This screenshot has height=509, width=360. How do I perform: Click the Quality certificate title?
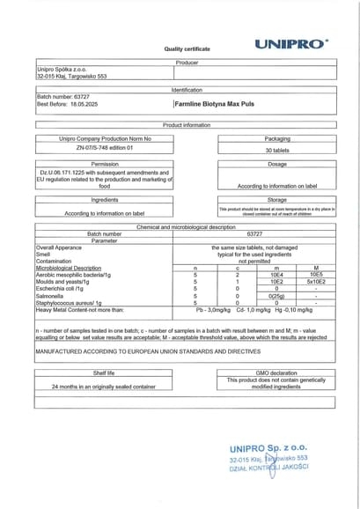(187, 49)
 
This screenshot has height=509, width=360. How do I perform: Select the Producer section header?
(187, 63)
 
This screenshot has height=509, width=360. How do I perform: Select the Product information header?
(187, 125)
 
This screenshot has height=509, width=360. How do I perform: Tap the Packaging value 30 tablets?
(277, 151)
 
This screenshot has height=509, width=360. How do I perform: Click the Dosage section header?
(277, 164)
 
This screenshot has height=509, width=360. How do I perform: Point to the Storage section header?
(277, 199)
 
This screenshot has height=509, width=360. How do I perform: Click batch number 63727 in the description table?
(255, 233)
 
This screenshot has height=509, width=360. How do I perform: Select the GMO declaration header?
(277, 373)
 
